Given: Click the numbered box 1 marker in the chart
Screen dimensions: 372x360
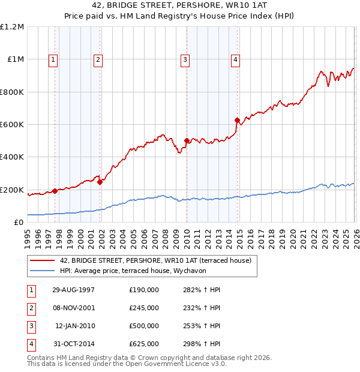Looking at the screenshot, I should coord(54,59).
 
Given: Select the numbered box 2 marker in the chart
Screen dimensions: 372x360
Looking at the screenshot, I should coord(97,59).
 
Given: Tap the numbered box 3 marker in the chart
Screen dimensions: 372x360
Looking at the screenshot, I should coord(185,59).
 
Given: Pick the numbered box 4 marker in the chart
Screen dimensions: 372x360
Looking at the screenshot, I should coord(236,59).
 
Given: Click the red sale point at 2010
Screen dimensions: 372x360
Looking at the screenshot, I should coord(187,141).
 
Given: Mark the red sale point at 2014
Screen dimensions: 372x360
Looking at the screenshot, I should coord(238,120).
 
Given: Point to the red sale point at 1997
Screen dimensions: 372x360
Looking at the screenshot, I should coord(55,191).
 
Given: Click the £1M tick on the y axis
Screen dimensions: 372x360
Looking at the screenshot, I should coord(16,59).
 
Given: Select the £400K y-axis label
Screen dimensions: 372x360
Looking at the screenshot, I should coord(13,157).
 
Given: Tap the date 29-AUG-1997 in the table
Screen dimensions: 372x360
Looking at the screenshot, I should coord(73,290).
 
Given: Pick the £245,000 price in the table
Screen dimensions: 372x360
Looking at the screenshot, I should coord(143,308).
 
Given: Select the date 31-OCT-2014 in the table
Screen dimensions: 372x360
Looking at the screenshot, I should coord(73,344).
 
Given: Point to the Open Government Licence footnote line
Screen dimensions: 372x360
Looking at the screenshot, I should coord(127,364).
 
